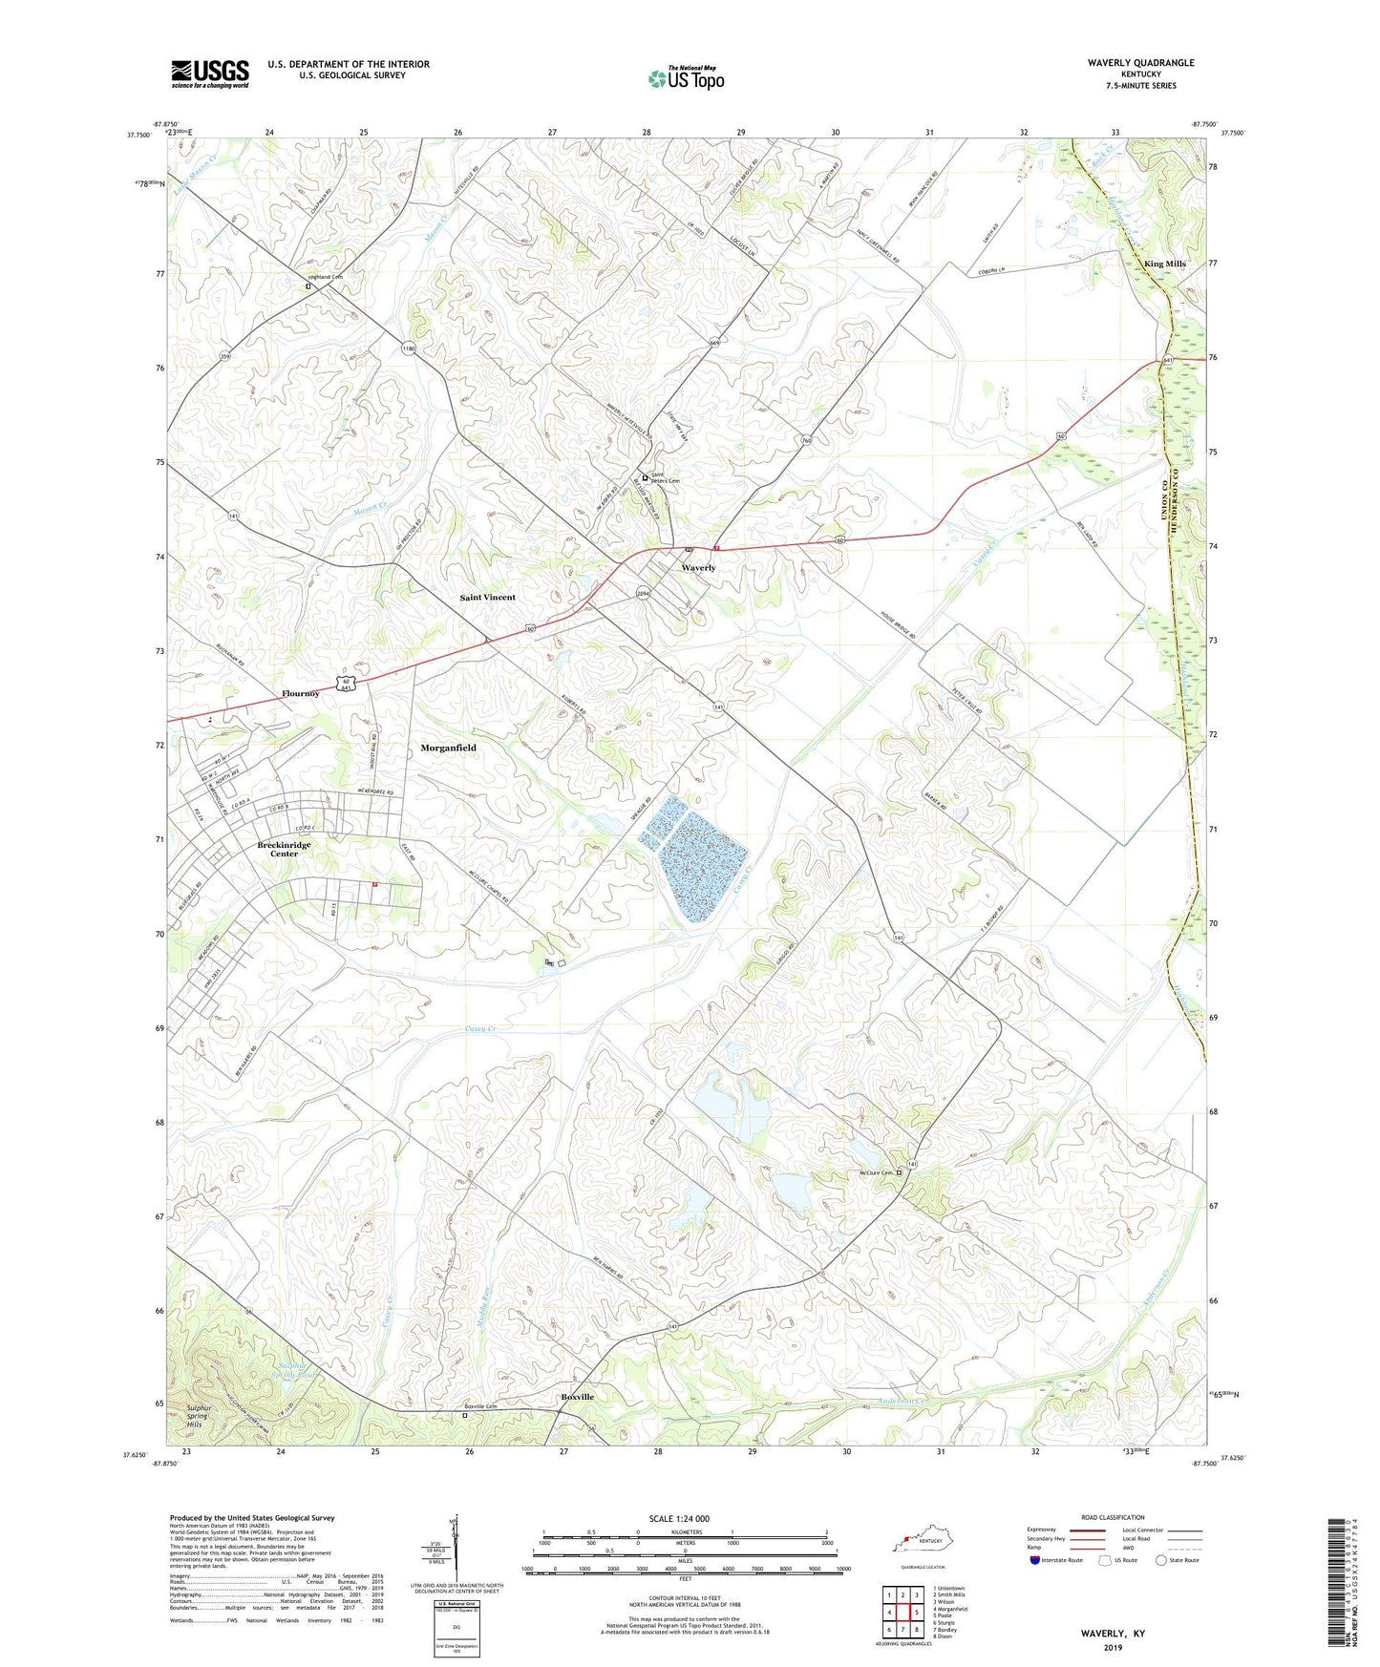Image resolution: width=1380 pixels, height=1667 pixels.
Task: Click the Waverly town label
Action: tap(698, 568)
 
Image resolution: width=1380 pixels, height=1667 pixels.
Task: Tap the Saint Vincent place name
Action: tap(487, 598)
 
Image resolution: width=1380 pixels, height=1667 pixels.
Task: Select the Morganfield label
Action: tap(448, 749)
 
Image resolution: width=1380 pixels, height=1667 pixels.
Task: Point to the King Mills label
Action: tap(1164, 264)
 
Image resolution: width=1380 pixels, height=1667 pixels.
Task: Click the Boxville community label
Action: tap(577, 1397)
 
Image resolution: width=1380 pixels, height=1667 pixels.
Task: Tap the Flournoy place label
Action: tap(300, 693)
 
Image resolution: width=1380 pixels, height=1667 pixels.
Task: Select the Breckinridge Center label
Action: tap(284, 849)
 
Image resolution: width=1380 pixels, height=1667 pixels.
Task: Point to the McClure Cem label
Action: tap(873, 1173)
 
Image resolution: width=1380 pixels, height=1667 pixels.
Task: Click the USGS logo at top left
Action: tap(210, 74)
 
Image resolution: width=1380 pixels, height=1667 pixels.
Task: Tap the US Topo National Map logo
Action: tap(686, 77)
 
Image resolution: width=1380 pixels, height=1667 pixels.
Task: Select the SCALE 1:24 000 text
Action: tap(679, 1518)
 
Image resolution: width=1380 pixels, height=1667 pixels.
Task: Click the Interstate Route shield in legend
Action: tap(1035, 1561)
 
